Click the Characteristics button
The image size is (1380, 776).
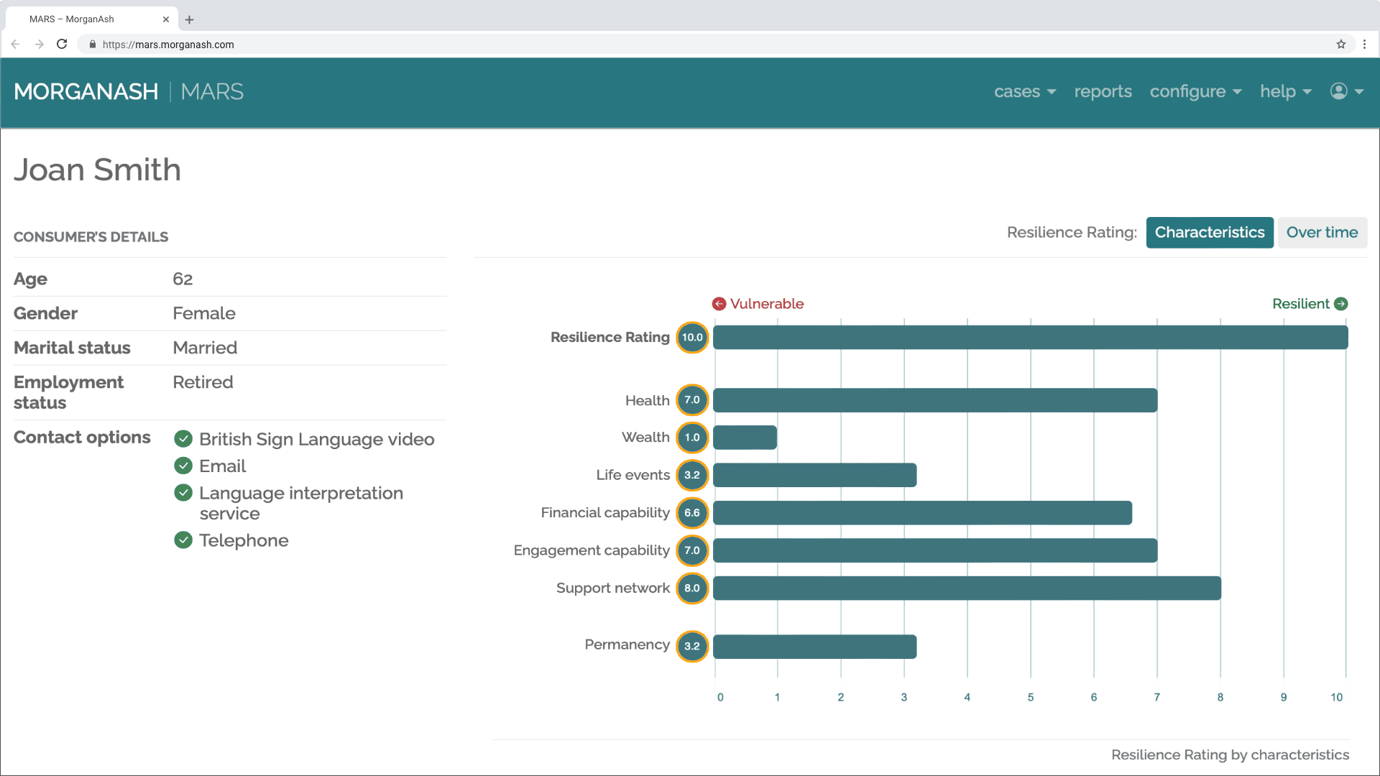coord(1209,233)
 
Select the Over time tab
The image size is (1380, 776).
coord(1322,233)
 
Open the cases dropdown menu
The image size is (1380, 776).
coord(1024,92)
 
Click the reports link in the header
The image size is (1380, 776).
coord(1103,92)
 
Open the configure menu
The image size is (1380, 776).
coord(1195,92)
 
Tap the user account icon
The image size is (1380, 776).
coord(1338,91)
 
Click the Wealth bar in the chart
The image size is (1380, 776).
coord(745,438)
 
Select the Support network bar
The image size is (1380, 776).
coord(967,588)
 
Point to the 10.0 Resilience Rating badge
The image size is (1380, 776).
coord(692,338)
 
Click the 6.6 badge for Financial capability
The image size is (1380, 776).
coord(692,513)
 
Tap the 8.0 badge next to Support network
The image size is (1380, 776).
coord(692,588)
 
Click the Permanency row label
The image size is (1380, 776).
coord(627,645)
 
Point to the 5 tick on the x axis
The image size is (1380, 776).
coord(1030,697)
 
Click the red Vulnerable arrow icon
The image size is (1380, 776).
coord(719,304)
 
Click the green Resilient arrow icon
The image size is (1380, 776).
coord(1340,304)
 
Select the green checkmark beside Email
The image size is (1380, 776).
coord(183,466)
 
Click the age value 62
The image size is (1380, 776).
coord(183,279)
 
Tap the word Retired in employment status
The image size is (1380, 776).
coord(203,382)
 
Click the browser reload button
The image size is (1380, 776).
coord(62,44)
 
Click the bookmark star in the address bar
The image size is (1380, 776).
coord(1340,44)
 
